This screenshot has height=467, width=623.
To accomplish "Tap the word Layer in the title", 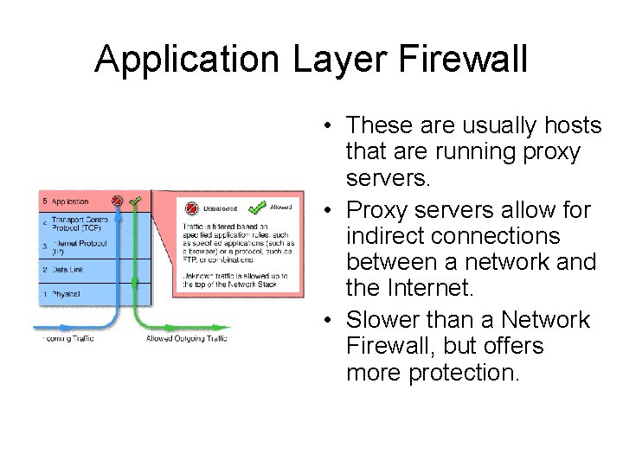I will (x=320, y=61).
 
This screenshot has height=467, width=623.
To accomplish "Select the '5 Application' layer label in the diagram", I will (x=66, y=202).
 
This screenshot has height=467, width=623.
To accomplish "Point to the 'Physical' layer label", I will (x=64, y=294).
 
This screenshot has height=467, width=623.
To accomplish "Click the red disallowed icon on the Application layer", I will (x=118, y=201).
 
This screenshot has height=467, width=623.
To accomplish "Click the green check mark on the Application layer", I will (x=135, y=202).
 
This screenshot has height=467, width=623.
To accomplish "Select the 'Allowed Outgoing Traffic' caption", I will (x=187, y=339).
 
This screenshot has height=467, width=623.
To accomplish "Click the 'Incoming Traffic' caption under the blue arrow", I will (x=69, y=339).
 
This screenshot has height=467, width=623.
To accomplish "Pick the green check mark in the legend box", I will (x=257, y=208).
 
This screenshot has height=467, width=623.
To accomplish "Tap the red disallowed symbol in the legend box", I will (x=191, y=208).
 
